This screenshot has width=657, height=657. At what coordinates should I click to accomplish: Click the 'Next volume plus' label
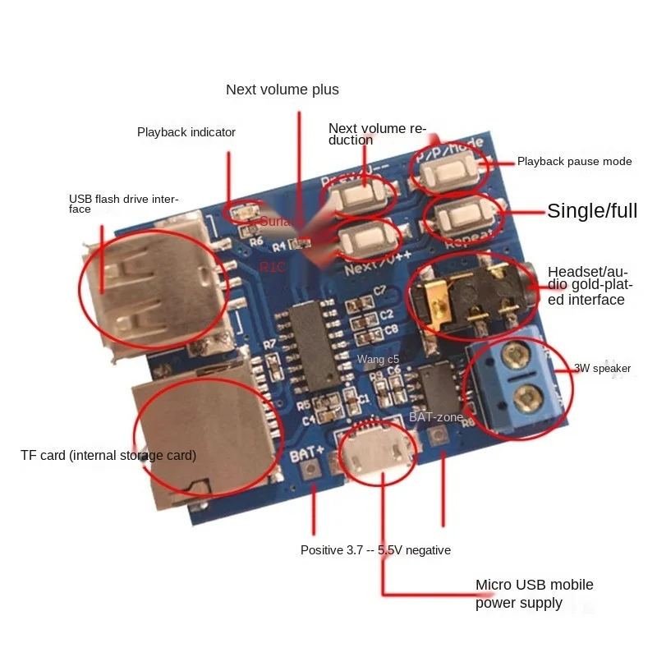[x=282, y=90]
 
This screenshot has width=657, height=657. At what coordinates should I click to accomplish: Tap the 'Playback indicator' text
[x=186, y=132]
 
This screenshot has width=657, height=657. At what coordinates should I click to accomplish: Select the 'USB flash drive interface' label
[x=123, y=204]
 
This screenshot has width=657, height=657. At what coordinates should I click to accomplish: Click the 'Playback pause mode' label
[x=574, y=162]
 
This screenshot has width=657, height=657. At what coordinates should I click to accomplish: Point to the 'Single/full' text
[x=592, y=211]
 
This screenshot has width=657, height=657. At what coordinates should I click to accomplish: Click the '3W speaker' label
[x=602, y=369]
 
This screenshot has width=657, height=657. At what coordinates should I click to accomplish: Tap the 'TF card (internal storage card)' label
[x=108, y=455]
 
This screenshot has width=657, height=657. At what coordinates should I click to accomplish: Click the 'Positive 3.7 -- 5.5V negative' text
[x=375, y=550]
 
